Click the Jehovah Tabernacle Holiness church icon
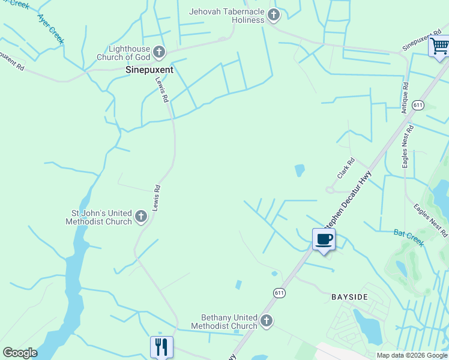(274, 15)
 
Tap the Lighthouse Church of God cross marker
(159, 52)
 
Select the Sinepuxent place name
(149, 70)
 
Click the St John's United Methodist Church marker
(141, 217)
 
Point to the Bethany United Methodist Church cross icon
(267, 321)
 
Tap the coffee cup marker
(324, 239)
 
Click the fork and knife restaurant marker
(161, 346)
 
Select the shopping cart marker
(439, 46)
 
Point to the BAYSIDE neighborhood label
(349, 297)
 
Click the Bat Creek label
(409, 238)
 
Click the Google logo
(19, 353)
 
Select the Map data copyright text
(412, 355)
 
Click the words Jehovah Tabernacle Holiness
(226, 16)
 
